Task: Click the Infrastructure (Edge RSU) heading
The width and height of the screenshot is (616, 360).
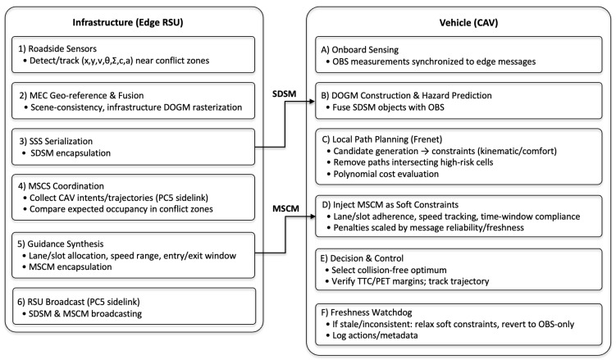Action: coord(128,22)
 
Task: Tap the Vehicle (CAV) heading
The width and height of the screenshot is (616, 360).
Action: coord(468,23)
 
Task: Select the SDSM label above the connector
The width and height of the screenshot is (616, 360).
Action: coord(284,93)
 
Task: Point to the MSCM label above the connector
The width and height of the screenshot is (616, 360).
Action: coord(285,208)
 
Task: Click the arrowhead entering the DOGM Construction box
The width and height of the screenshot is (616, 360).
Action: coord(312,102)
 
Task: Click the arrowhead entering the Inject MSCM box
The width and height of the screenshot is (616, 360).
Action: coord(312,216)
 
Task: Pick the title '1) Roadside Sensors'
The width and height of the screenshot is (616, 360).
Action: coord(57,48)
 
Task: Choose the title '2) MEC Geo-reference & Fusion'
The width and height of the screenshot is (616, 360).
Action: coord(81,95)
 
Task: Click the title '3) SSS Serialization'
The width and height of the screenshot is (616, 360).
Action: coord(56,141)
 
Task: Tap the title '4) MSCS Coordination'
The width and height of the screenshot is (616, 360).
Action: coord(61,186)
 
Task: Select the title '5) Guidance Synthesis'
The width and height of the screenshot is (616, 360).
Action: coord(61,244)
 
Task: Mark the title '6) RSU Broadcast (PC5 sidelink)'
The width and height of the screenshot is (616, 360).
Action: coord(79,302)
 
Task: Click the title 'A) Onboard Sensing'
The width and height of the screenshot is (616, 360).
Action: coord(360,50)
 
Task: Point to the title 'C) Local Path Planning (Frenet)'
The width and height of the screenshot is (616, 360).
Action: coord(382,139)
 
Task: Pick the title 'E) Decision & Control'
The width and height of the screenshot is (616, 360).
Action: coord(362,258)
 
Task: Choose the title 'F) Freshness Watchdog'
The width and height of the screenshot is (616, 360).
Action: coord(367,312)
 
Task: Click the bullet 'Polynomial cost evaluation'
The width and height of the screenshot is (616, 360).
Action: coord(386,174)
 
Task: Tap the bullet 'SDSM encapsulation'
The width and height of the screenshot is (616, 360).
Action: coord(71,153)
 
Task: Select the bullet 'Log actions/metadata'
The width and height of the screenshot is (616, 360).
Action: coord(375,335)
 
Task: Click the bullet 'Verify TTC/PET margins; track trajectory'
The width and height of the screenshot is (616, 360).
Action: coord(410,281)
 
